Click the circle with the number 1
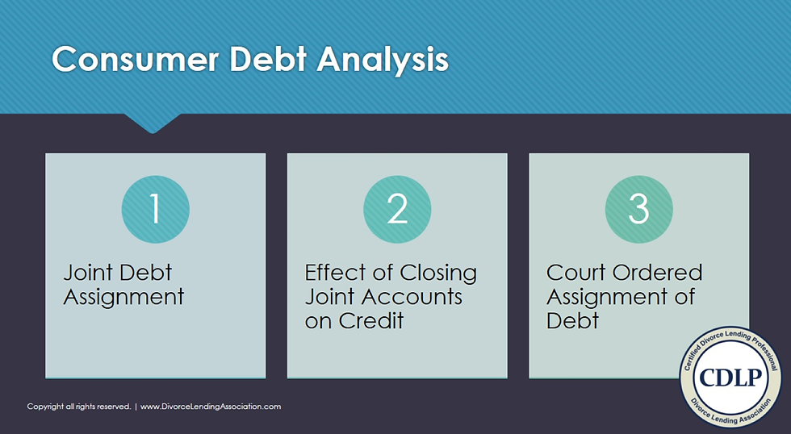(155, 210)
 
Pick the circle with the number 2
(397, 210)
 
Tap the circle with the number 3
(638, 210)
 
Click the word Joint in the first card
(90, 273)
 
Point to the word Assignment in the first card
(123, 297)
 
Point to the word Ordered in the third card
(658, 273)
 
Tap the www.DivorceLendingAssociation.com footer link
(211, 407)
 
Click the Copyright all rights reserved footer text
(78, 407)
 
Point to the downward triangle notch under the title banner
(153, 123)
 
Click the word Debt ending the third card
(572, 320)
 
